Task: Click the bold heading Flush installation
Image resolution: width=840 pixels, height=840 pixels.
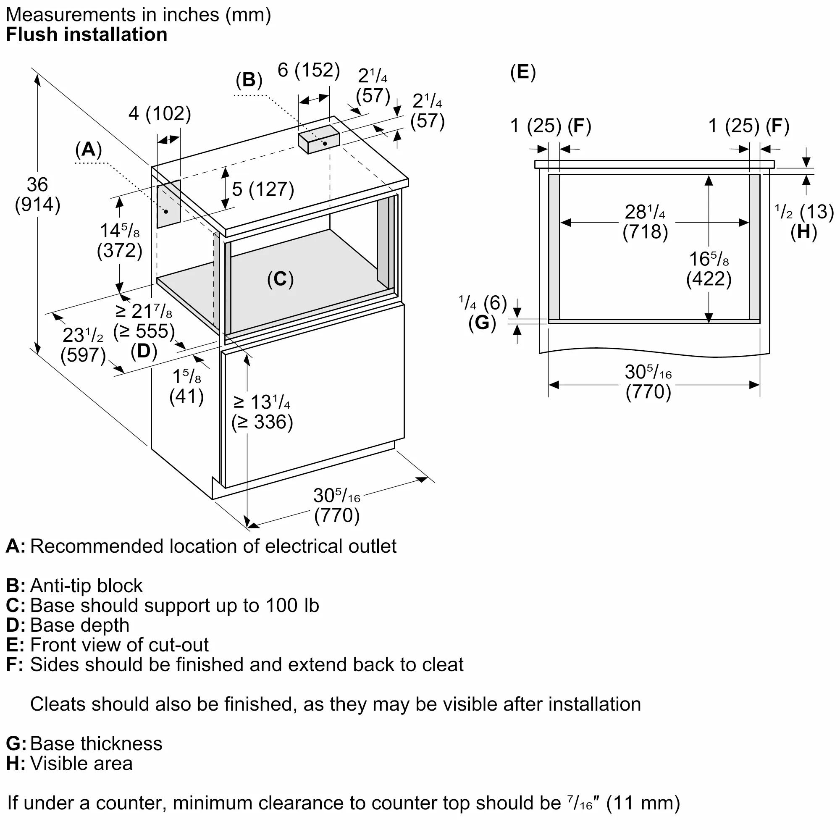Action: pyautogui.click(x=87, y=35)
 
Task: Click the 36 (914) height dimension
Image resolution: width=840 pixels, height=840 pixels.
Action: pyautogui.click(x=37, y=195)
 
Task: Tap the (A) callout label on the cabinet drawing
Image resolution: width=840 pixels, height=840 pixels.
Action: pyautogui.click(x=88, y=150)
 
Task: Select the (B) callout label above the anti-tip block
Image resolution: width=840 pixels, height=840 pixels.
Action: pyautogui.click(x=249, y=80)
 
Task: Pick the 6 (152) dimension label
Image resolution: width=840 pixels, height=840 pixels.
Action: pyautogui.click(x=308, y=70)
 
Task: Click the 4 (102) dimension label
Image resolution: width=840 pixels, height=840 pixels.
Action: pyautogui.click(x=160, y=113)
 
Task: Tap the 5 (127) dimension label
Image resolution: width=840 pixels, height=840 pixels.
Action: pyautogui.click(x=262, y=189)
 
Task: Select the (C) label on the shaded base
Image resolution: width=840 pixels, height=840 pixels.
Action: pyautogui.click(x=281, y=279)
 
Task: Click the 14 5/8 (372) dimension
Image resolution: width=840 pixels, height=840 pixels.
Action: pyautogui.click(x=120, y=240)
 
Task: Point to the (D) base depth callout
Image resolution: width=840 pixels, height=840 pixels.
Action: pyautogui.click(x=144, y=351)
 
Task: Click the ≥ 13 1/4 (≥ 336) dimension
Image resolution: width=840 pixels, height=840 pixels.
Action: pyautogui.click(x=262, y=412)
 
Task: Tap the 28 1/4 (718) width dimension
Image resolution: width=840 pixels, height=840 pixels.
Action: pyautogui.click(x=645, y=222)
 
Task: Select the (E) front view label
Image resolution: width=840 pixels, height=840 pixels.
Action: pyautogui.click(x=522, y=72)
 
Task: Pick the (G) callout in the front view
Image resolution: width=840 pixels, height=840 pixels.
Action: pyautogui.click(x=482, y=323)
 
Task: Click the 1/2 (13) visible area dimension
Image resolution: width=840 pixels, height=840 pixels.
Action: pyautogui.click(x=804, y=212)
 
